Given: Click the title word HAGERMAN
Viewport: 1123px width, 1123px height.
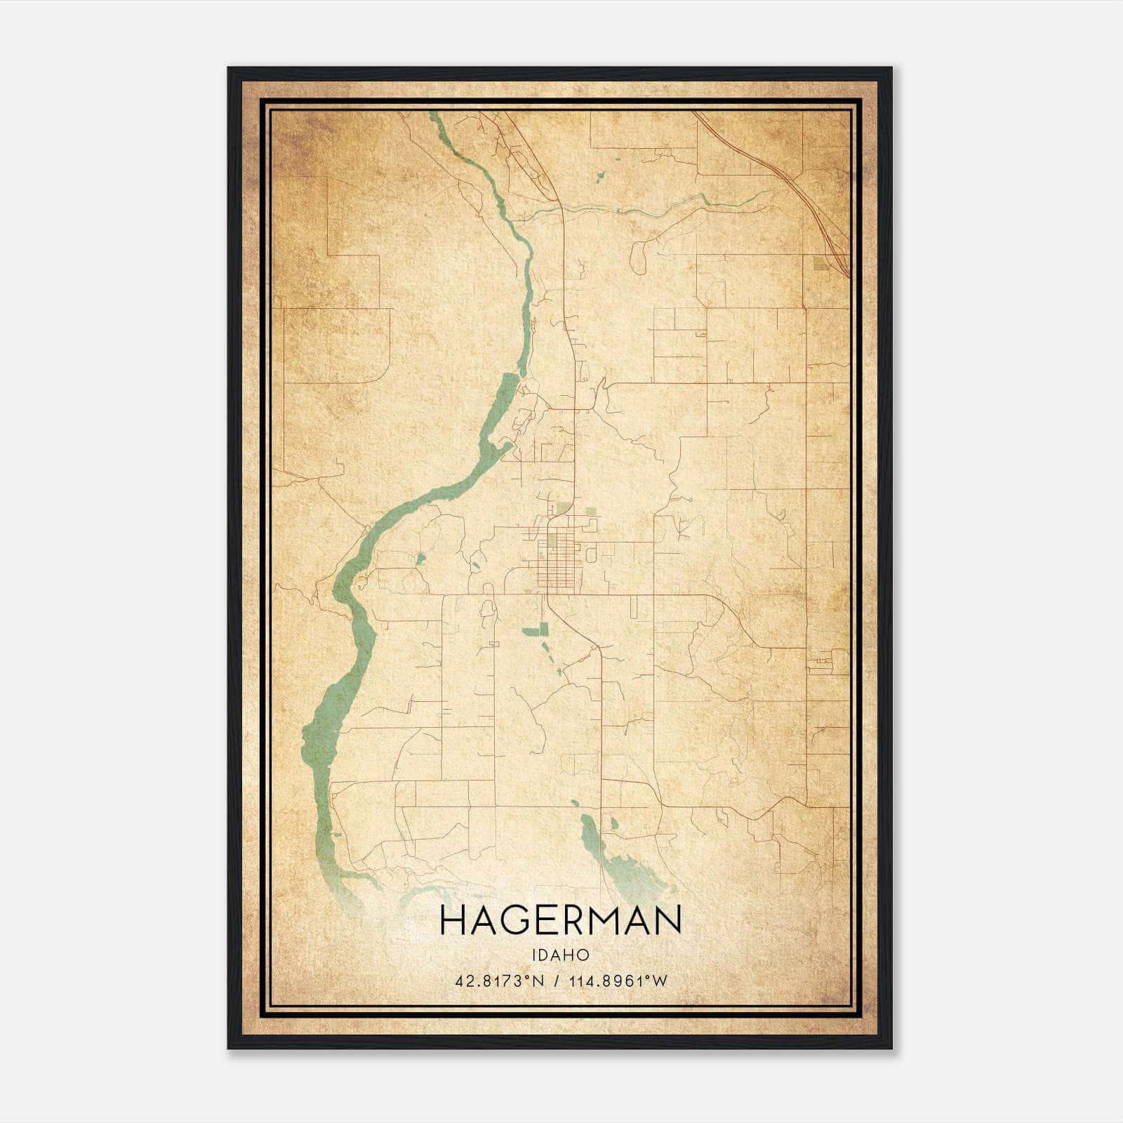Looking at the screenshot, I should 560,920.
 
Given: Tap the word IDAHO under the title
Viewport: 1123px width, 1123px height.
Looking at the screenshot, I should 560,955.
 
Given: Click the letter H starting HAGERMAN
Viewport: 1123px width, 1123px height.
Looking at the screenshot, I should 451,920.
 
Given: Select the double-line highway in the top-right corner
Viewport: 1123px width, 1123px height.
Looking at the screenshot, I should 807,197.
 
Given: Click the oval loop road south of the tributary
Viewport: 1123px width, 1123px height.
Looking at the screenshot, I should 638,258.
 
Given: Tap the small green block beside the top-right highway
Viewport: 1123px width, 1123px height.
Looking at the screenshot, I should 818,265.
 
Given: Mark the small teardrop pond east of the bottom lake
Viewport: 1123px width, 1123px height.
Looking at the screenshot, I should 615,824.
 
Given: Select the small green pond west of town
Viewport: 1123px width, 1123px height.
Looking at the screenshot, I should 420,559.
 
